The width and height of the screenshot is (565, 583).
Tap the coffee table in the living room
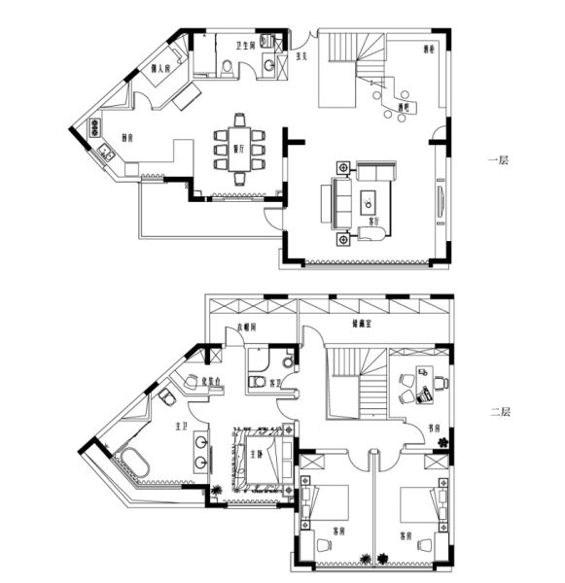coord(370,202)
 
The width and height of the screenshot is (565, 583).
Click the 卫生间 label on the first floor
coord(245,46)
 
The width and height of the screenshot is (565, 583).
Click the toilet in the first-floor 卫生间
coord(226,67)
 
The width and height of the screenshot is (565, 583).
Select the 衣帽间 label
coord(249,328)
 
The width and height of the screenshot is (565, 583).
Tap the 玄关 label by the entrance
coord(302,56)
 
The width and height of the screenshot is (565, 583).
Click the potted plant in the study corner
coord(443,443)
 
